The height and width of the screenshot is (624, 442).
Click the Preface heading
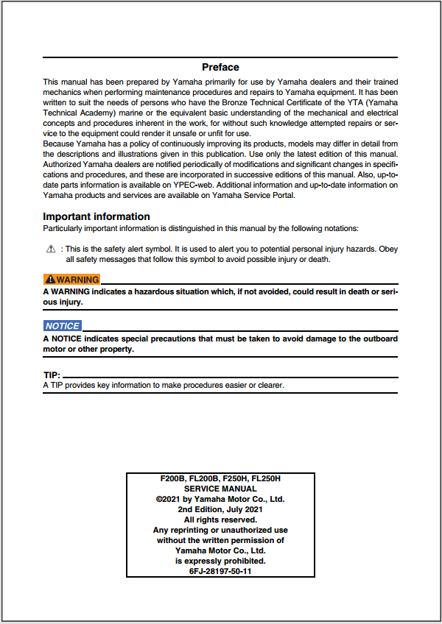[220, 67]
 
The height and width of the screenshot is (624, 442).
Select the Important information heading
[97, 216]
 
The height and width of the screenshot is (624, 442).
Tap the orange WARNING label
[71, 280]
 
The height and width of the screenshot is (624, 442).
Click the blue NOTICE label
[62, 325]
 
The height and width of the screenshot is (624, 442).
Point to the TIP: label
[52, 375]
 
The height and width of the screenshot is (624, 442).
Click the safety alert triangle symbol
[50, 249]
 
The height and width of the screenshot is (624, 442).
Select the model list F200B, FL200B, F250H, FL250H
[220, 479]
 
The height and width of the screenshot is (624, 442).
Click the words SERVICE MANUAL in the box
[220, 489]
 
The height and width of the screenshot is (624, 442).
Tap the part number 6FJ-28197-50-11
[220, 571]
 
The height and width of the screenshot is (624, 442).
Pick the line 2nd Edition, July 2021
[220, 509]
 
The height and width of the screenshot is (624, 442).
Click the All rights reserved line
[220, 520]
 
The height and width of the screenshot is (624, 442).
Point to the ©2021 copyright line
[220, 499]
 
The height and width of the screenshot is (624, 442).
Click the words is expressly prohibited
[220, 561]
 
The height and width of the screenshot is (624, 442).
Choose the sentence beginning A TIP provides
[164, 385]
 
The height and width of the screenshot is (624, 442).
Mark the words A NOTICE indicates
[79, 338]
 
